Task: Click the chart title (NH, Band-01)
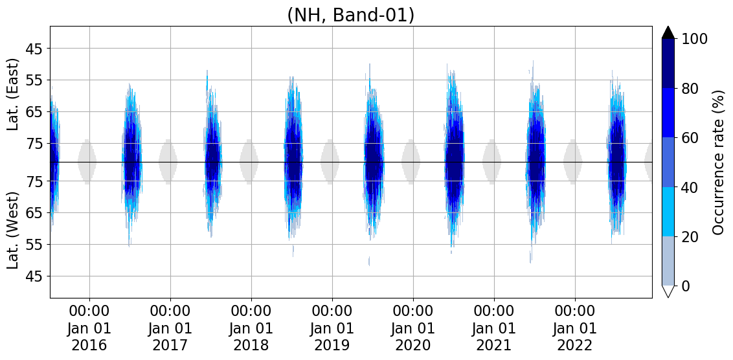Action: click(x=350, y=14)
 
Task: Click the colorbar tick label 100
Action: click(x=695, y=39)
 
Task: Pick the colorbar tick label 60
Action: click(x=690, y=138)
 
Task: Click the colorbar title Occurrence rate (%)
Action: click(x=718, y=162)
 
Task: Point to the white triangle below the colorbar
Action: click(x=668, y=291)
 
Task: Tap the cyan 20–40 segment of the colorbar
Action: click(x=668, y=212)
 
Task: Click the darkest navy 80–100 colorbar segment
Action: click(x=668, y=63)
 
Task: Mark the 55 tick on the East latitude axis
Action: click(x=33, y=80)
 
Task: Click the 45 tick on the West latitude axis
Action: click(x=33, y=276)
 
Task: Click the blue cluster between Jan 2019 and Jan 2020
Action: click(x=373, y=162)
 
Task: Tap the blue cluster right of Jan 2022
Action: click(x=616, y=162)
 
